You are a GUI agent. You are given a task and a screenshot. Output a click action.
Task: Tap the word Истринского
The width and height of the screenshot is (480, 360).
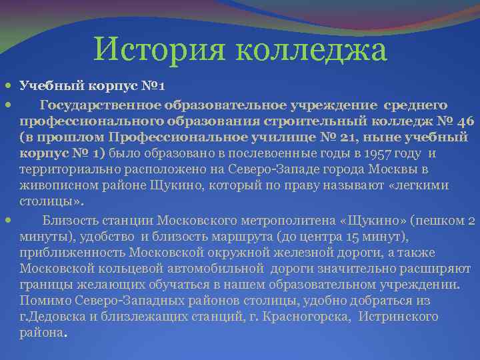click(x=399, y=317)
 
